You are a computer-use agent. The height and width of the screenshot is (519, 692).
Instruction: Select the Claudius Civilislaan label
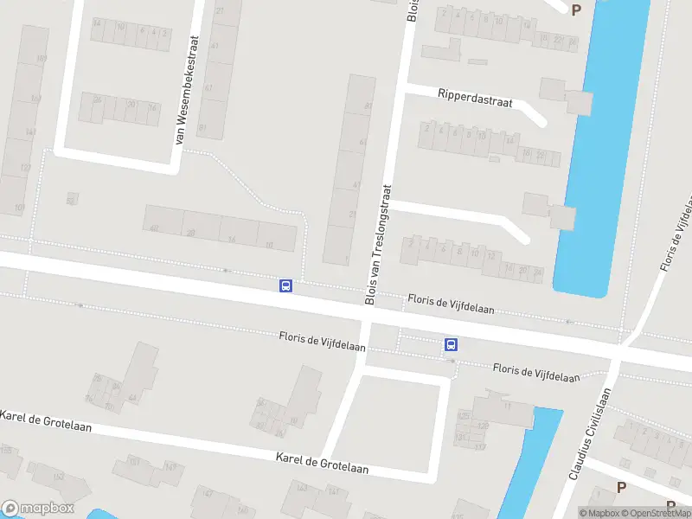pyautogui.click(x=590, y=433)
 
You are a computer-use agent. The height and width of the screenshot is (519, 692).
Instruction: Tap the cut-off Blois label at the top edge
pyautogui.click(x=413, y=11)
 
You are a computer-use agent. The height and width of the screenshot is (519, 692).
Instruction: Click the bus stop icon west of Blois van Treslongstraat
pyautogui.click(x=285, y=285)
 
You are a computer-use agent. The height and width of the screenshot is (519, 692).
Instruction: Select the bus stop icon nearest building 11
pyautogui.click(x=451, y=344)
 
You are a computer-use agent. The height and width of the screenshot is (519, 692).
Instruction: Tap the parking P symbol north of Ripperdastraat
pyautogui.click(x=576, y=10)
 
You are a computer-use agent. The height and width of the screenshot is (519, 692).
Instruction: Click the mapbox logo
pyautogui.click(x=37, y=509)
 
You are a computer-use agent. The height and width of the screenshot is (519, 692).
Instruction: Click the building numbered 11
pyautogui.click(x=505, y=407)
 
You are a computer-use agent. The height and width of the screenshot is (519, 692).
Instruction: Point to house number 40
pyautogui.click(x=154, y=228)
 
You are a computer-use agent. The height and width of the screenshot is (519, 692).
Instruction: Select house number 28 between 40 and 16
pyautogui.click(x=190, y=233)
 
